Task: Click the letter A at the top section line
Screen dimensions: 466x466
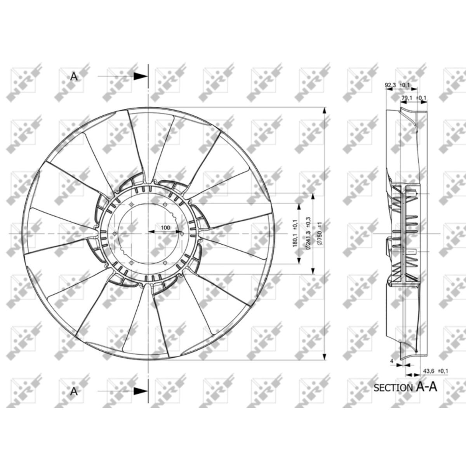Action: coord(74,77)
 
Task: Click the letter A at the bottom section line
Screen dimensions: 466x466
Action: coord(74,391)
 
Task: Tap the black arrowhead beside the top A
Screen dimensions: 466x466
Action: coord(141,77)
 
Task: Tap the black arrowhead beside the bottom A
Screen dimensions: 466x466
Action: coord(141,391)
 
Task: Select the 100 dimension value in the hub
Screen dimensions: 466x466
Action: coord(165,228)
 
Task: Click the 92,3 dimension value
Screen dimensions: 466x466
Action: coord(390,85)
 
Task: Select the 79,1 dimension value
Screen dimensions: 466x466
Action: coord(407,98)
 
